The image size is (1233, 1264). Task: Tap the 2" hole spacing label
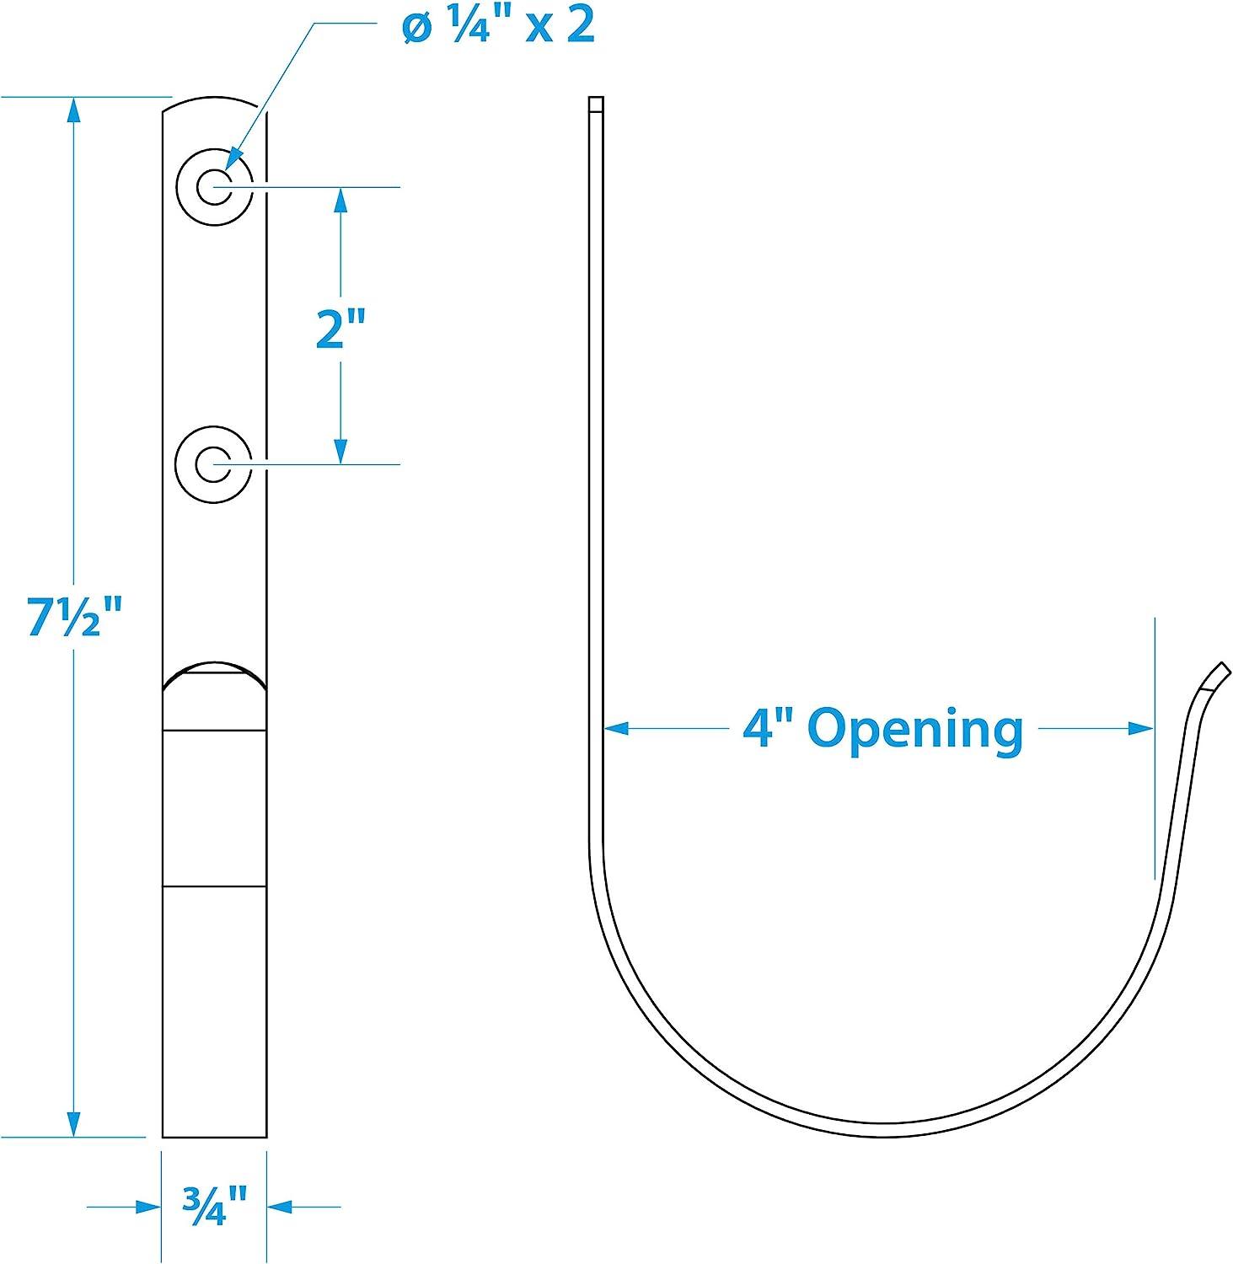tap(340, 329)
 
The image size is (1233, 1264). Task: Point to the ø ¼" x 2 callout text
tap(499, 27)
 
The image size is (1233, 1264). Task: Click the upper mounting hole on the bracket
tap(214, 186)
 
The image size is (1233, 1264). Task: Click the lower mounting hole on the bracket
tap(214, 464)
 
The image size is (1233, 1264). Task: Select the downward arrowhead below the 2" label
tap(340, 451)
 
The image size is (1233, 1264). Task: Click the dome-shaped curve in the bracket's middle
tap(214, 670)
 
